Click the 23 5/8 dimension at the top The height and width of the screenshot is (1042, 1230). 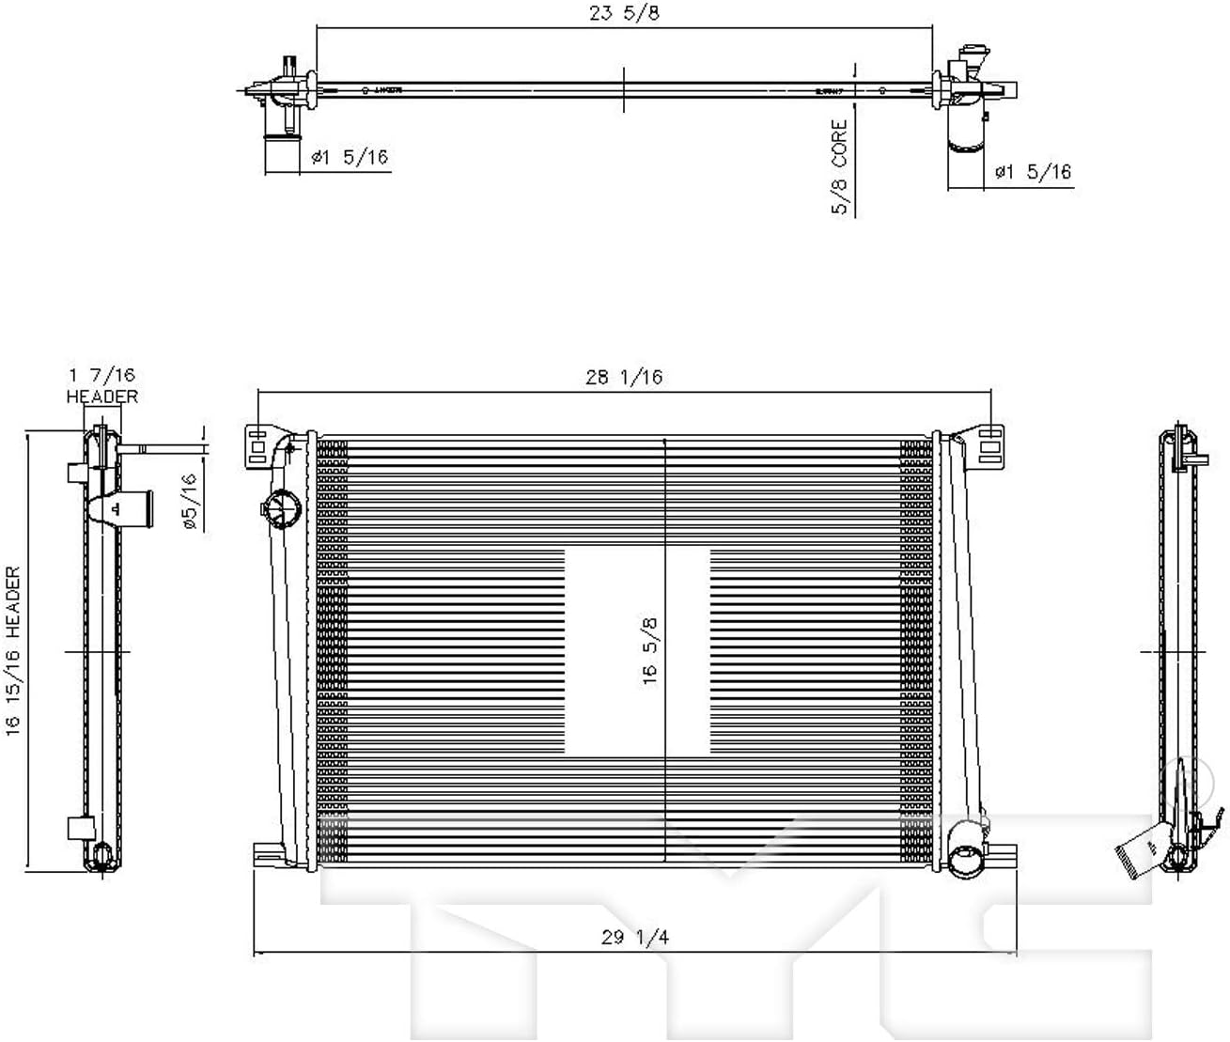625,13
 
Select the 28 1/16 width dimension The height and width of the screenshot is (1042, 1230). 624,378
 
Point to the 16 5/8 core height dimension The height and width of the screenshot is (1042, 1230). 650,650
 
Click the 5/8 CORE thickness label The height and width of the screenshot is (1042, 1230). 839,167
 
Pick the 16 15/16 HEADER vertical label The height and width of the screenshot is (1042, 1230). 13,650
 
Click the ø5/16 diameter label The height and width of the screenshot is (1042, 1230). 189,503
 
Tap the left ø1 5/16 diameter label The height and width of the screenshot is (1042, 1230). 350,157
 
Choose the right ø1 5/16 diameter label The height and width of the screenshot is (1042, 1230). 1033,172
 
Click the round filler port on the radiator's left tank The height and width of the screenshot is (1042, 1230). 277,507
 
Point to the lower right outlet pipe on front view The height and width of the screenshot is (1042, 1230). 964,857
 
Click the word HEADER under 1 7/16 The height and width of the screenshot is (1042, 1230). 102,397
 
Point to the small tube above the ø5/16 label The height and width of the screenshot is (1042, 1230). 160,449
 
